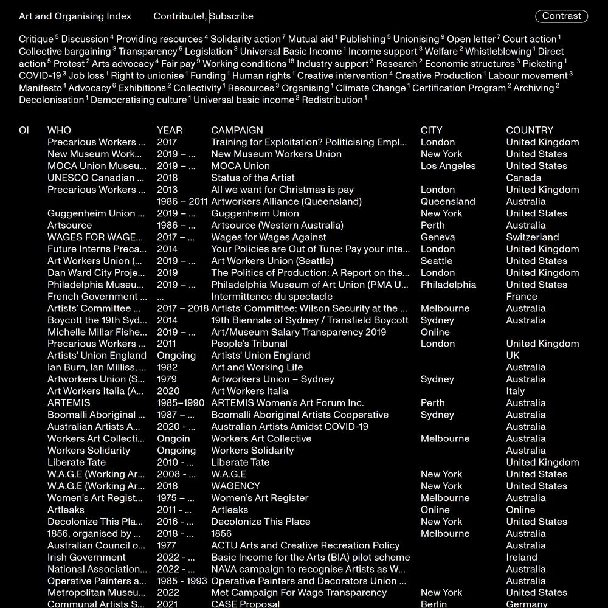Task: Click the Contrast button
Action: (x=561, y=16)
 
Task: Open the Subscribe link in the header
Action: (x=232, y=16)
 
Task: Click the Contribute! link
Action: (x=179, y=16)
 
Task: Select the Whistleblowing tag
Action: (x=498, y=52)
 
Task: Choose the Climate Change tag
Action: (x=371, y=88)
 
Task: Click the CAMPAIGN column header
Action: (x=237, y=130)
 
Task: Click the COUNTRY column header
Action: (x=530, y=130)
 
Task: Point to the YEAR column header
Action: (x=170, y=130)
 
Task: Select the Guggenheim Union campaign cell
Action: (x=255, y=213)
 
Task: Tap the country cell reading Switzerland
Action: (x=532, y=237)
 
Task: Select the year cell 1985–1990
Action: (x=181, y=403)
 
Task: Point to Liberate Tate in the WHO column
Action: (x=77, y=462)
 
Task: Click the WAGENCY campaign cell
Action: (x=235, y=486)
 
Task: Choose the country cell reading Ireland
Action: (x=522, y=557)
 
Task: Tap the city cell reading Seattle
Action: (x=437, y=261)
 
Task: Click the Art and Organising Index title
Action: (x=75, y=16)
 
